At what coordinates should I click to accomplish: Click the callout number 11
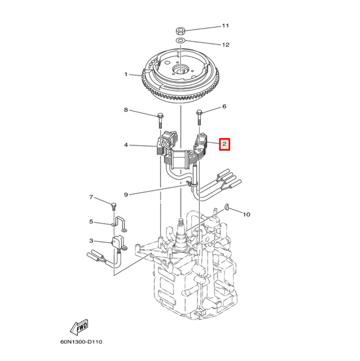pos(225,26)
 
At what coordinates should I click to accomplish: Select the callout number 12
pos(225,45)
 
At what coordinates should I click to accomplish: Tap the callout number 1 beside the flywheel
pos(126,75)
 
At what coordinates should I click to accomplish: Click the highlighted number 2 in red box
pos(224,144)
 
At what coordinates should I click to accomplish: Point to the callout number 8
pos(126,110)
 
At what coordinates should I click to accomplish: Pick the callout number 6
pos(224,107)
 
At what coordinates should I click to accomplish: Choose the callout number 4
pos(126,145)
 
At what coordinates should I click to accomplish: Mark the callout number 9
pos(126,195)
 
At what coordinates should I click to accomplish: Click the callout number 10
pos(246,215)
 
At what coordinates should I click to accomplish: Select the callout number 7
pos(91,197)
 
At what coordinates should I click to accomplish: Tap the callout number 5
pos(91,222)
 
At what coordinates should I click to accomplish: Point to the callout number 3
pos(91,240)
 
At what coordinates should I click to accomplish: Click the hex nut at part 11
pos(181,30)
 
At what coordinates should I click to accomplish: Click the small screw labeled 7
pos(113,207)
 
